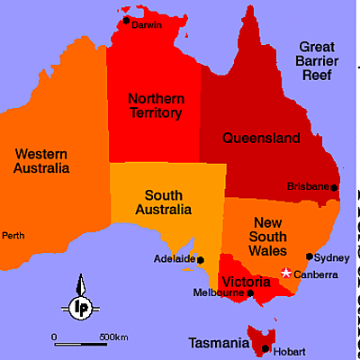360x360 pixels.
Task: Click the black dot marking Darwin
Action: [126, 20]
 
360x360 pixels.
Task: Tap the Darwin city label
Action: [147, 25]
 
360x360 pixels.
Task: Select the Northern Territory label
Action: [155, 106]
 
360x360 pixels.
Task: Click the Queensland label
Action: [262, 139]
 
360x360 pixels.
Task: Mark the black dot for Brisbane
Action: [334, 187]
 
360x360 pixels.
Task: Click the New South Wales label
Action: [276, 236]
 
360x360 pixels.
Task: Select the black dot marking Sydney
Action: [310, 256]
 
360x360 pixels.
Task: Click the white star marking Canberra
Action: [286, 273]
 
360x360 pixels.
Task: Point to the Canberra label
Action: [315, 274]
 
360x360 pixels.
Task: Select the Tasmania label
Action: [218, 343]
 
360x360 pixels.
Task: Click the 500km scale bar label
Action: [113, 337]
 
